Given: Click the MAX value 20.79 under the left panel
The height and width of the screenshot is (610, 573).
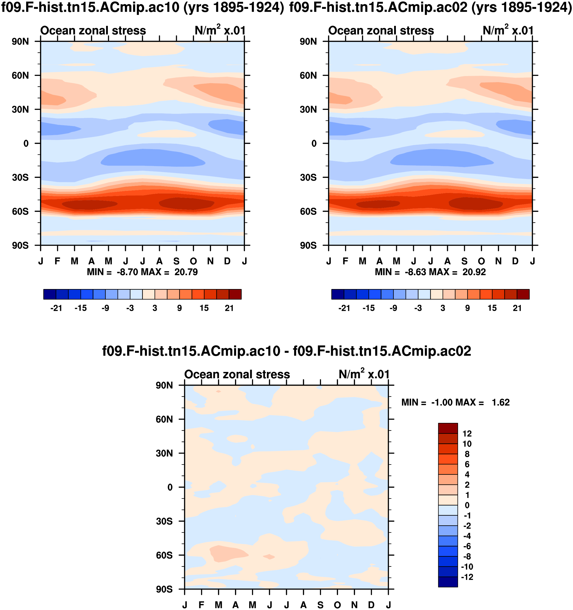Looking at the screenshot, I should tap(186, 272).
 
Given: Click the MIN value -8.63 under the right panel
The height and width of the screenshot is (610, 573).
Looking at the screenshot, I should tap(416, 272).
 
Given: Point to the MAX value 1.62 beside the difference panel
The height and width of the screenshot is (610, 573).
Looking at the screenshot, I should tap(500, 403).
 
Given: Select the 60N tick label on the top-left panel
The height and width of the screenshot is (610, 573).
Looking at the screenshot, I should tap(20, 76).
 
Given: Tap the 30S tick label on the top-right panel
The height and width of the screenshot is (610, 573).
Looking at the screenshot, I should tap(308, 178).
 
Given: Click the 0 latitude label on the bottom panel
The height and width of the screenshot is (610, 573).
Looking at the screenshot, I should tap(170, 487).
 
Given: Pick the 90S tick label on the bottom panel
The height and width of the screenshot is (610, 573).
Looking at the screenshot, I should tap(164, 589).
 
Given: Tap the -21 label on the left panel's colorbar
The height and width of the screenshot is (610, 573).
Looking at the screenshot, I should tap(56, 308).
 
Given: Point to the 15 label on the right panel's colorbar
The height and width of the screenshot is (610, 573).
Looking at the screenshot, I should tap(492, 308).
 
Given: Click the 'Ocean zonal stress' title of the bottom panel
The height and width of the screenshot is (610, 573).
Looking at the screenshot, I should tap(237, 375).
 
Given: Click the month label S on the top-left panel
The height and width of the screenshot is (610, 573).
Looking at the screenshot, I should tap(176, 261).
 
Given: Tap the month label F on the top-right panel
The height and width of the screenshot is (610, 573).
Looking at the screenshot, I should tap(345, 261).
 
